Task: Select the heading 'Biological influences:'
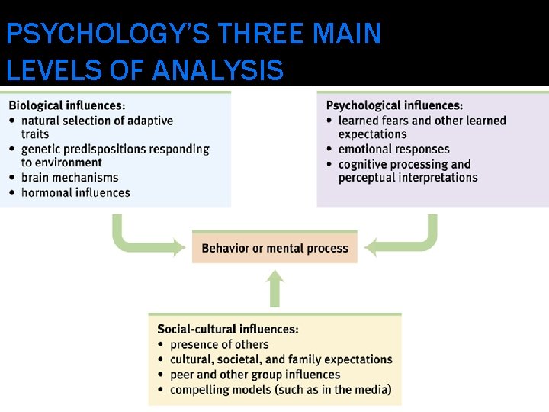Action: pos(68,105)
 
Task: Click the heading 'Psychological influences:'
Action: pos(394,105)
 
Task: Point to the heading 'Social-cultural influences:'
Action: pos(228,330)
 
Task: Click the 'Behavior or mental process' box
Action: pos(274,248)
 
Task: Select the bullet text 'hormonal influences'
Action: pos(75,192)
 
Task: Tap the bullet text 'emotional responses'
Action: pos(393,149)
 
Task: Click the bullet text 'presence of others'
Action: pos(220,344)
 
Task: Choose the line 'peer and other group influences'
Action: pos(255,375)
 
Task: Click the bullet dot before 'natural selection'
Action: pos(12,121)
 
